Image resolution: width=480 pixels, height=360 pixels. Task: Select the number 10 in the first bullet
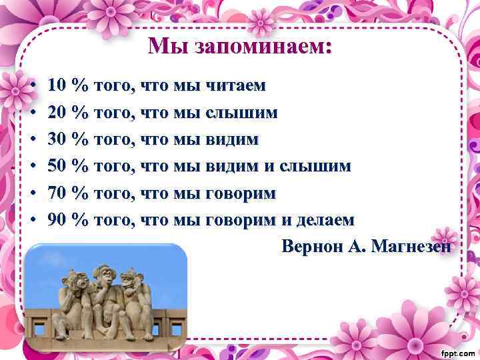(x=57, y=85)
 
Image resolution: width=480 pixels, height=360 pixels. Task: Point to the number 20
(x=57, y=113)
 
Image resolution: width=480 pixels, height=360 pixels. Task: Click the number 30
(x=57, y=139)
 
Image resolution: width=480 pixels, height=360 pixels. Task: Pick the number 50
(x=57, y=166)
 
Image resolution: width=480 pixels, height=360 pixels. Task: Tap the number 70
(x=57, y=193)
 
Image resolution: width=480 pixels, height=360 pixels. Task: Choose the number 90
(x=57, y=219)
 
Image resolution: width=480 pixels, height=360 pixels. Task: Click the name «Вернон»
(x=313, y=247)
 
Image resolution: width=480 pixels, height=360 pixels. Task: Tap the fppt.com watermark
(x=457, y=351)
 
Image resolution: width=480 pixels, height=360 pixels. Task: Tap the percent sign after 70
(x=79, y=193)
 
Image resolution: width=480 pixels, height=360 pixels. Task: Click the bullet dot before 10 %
(x=33, y=86)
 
